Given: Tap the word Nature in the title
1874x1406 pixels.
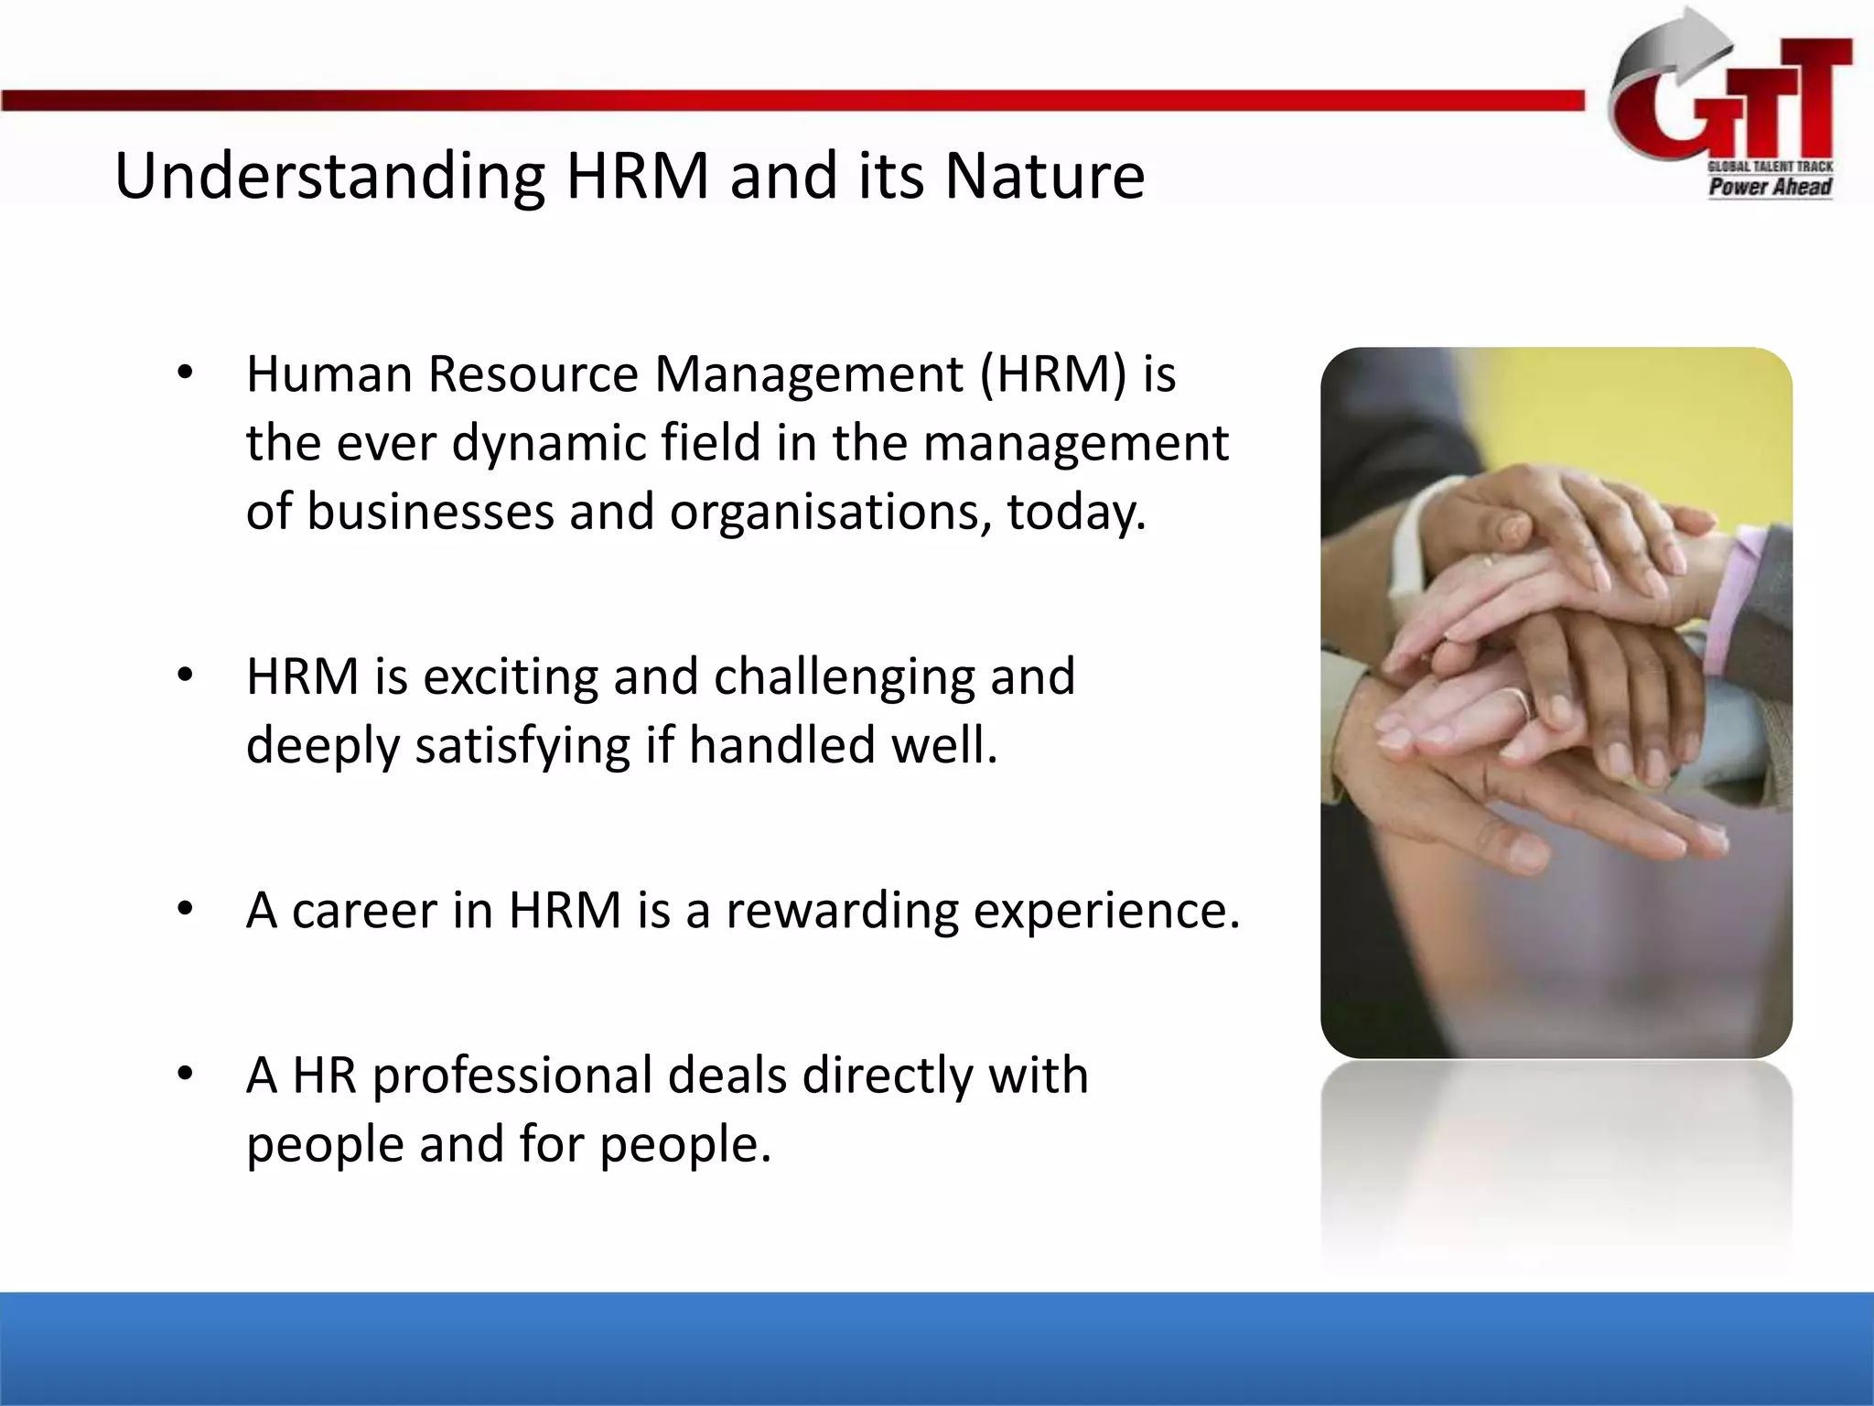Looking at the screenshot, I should tap(1044, 176).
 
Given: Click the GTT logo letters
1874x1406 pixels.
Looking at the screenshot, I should tap(1739, 105).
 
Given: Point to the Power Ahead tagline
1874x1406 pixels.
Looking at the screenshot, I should tap(1770, 187).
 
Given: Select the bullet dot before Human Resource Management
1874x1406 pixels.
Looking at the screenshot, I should tap(186, 373).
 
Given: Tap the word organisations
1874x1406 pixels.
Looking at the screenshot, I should tap(829, 512).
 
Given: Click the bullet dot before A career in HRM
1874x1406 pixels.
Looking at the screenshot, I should tap(186, 909).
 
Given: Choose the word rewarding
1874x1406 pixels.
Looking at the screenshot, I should tap(841, 911).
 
